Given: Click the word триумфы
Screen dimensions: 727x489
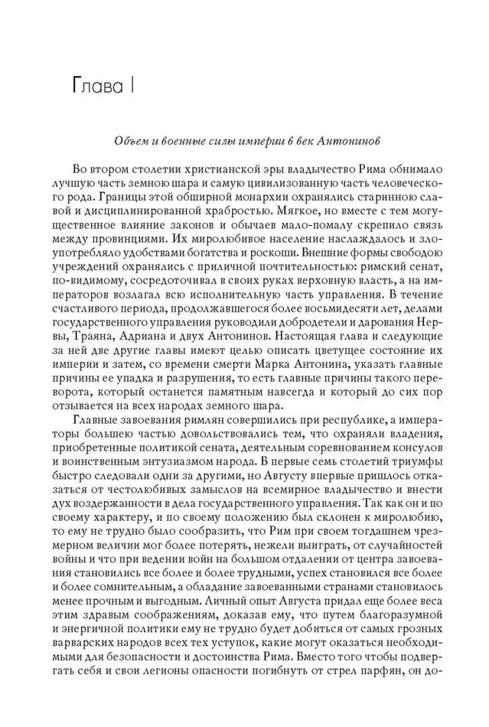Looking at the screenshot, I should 396,470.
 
